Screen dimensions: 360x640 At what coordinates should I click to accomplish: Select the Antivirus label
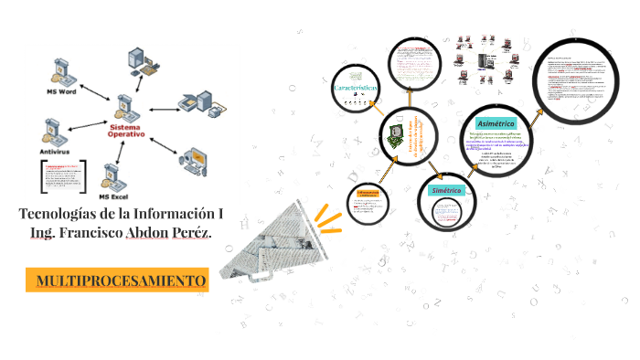pyautogui.click(x=55, y=152)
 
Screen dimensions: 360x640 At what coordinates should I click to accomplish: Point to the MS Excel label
pyautogui.click(x=115, y=196)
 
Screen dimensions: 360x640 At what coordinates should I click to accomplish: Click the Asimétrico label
pyautogui.click(x=496, y=123)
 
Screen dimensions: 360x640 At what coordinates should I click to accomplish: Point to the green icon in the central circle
pyautogui.click(x=392, y=136)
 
